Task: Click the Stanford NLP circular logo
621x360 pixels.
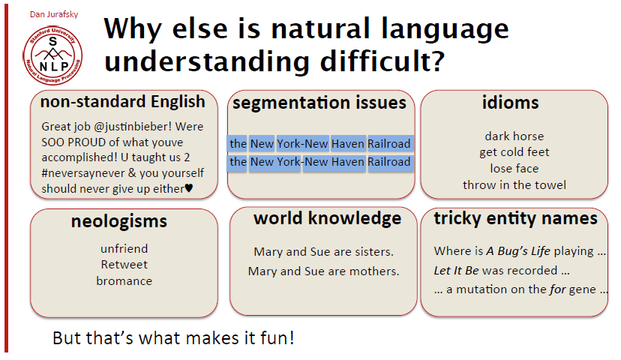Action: coord(52,55)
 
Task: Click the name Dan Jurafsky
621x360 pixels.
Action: coord(54,14)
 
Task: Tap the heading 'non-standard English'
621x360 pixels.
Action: coord(123,102)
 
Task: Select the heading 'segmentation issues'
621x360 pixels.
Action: coord(319,103)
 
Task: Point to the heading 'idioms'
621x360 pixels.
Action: coord(510,103)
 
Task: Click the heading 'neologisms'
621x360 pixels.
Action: coord(118,221)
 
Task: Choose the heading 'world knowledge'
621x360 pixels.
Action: coord(328,218)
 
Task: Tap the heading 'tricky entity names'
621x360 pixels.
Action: coord(516,218)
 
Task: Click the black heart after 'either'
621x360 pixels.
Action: coord(189,188)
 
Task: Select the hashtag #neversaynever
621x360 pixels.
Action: coord(83,173)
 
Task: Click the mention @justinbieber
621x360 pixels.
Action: coord(133,127)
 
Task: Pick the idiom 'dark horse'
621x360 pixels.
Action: coord(514,136)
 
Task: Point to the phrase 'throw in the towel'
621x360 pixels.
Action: coord(514,185)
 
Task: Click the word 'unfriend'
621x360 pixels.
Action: coord(124,249)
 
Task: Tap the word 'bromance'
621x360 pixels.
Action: coord(124,280)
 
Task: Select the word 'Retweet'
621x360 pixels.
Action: coord(124,265)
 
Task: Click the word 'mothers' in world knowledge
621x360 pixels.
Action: coord(377,271)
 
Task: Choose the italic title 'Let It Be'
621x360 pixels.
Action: coord(456,271)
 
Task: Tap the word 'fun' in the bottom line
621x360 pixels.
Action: coord(277,338)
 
